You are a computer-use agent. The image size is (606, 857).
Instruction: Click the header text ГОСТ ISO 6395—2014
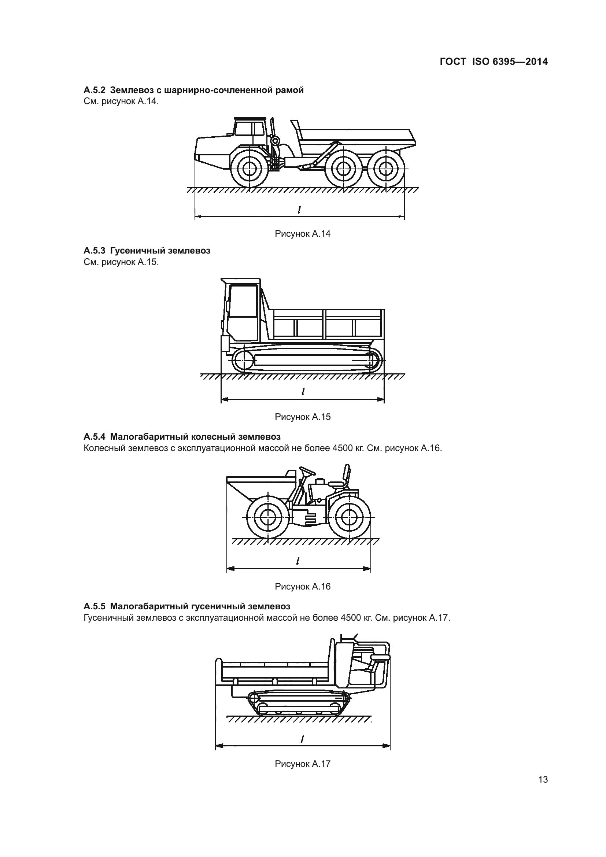494,62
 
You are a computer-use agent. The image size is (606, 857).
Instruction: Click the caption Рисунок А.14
303,234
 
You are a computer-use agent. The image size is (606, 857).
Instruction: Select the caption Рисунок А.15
303,417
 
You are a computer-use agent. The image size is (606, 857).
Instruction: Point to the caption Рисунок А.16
303,586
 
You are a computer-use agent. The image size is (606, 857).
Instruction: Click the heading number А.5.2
95,90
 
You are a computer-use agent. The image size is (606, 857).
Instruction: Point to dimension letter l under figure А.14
299,210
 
